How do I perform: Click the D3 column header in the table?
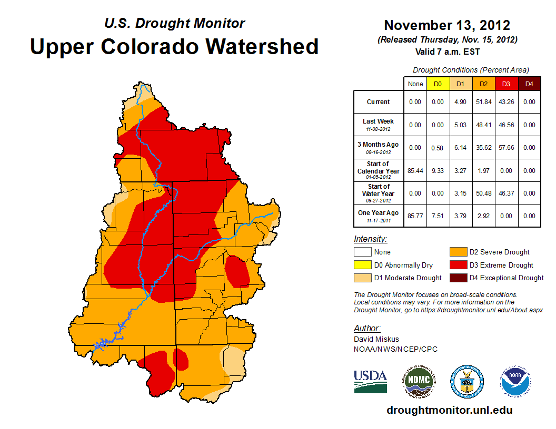(x=506, y=84)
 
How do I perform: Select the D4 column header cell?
(x=529, y=84)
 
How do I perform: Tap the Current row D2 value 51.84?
(x=483, y=102)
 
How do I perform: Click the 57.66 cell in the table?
(x=506, y=148)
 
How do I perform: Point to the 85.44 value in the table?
(x=415, y=171)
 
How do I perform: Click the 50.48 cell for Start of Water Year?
(x=483, y=193)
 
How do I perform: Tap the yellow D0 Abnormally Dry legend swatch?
(x=363, y=265)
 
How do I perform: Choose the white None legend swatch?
(x=363, y=252)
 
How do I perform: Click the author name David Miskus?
(x=376, y=339)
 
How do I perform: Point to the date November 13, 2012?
(x=447, y=25)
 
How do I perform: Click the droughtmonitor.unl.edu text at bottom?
(x=449, y=410)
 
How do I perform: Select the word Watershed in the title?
(x=261, y=46)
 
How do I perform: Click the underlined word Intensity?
(x=370, y=239)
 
